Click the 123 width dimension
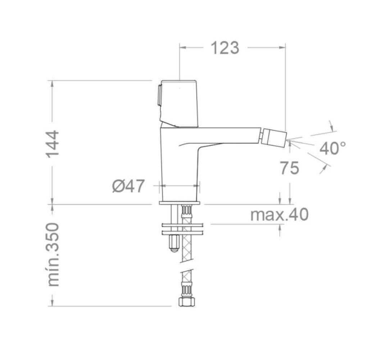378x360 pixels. pyautogui.click(x=225, y=48)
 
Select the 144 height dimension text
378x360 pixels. pyautogui.click(x=52, y=144)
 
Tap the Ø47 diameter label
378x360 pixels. pyautogui.click(x=128, y=186)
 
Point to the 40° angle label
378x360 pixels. pyautogui.click(x=332, y=148)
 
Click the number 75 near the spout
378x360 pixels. pyautogui.click(x=289, y=168)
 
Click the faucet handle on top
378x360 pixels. pyautogui.click(x=179, y=103)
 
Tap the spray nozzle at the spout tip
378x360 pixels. pyautogui.click(x=274, y=138)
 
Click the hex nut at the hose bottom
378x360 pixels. pyautogui.click(x=186, y=302)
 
